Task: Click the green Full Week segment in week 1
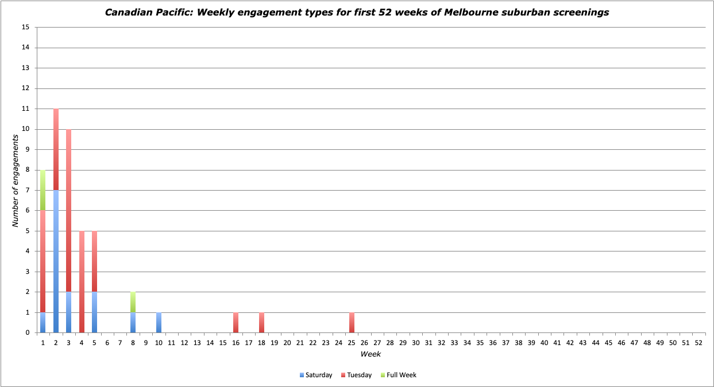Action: [43, 190]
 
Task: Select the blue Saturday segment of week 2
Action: [56, 261]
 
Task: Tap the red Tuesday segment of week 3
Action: [69, 211]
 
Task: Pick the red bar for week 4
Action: [82, 282]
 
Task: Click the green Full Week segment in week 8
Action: [133, 302]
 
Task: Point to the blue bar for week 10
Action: [159, 323]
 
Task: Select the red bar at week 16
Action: [236, 323]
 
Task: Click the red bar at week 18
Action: [262, 323]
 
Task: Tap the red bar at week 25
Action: [352, 323]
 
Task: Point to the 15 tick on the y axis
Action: [25, 28]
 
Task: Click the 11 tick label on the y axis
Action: [25, 109]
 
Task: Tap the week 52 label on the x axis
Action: [698, 343]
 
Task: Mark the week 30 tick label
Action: [416, 343]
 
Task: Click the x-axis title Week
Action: [370, 354]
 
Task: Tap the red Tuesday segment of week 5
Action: [95, 262]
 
